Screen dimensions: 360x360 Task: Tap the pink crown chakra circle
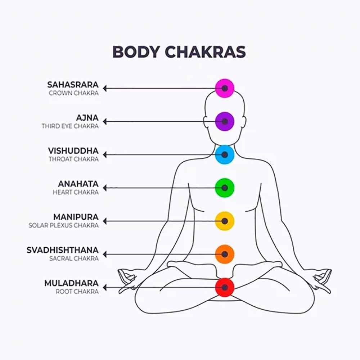tap(225, 88)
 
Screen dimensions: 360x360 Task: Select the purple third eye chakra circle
tap(225, 121)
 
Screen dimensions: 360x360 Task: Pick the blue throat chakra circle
tap(225, 154)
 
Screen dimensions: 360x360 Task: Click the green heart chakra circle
tap(225, 188)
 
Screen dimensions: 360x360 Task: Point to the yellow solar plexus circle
tap(225, 221)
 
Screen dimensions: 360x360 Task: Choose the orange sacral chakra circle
tap(225, 254)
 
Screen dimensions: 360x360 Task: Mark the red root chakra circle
tap(225, 287)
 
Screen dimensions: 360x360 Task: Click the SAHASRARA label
tap(73, 85)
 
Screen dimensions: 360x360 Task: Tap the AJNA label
tap(87, 118)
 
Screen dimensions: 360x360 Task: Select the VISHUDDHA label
tap(73, 151)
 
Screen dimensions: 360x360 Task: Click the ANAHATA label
tap(78, 184)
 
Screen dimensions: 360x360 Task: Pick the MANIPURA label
tap(76, 217)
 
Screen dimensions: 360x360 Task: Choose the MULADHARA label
tap(71, 284)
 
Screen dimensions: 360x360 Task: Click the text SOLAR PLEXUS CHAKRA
tap(63, 225)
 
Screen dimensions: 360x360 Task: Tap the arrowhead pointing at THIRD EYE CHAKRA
tap(105, 122)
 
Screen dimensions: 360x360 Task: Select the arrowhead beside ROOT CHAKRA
tap(105, 288)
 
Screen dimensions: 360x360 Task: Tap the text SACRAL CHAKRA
tap(74, 258)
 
